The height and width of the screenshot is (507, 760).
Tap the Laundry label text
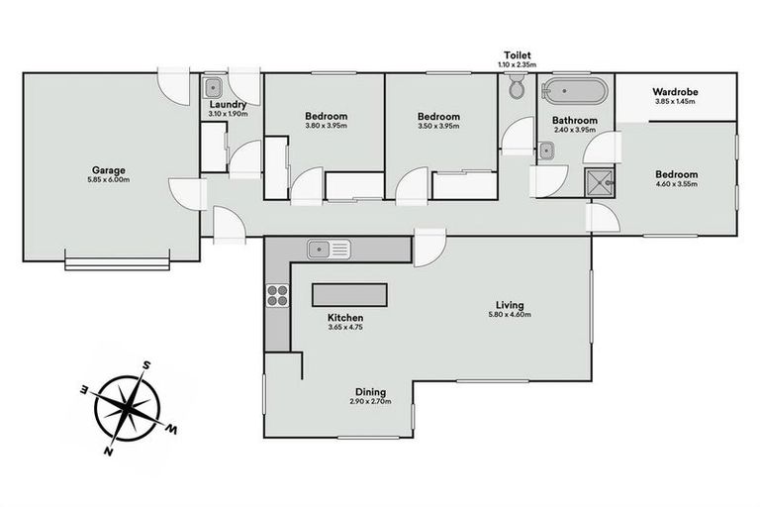(x=228, y=103)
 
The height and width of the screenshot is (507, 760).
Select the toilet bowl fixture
(x=517, y=89)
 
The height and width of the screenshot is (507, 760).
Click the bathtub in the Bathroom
(x=574, y=94)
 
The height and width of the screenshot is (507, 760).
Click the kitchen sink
(x=330, y=248)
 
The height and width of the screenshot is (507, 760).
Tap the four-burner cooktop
(x=277, y=294)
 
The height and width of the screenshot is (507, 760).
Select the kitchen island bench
(x=350, y=294)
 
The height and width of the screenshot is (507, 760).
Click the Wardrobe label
(x=676, y=92)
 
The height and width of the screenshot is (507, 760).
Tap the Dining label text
(x=371, y=391)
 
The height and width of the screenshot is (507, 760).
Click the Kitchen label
(x=345, y=318)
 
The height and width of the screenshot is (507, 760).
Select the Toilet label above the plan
(x=516, y=55)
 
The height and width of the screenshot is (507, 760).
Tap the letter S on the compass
(x=145, y=365)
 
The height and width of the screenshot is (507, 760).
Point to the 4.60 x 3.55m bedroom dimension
(x=676, y=184)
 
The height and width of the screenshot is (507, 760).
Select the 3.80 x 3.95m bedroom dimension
(x=326, y=126)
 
